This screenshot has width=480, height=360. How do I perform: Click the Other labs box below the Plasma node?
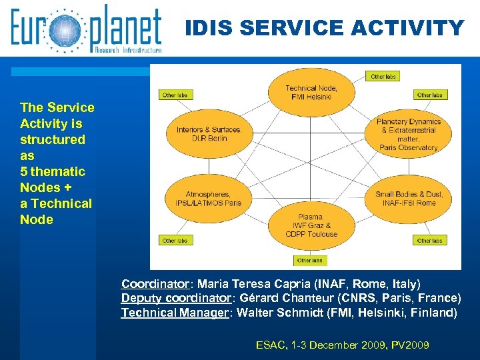(x=309, y=260)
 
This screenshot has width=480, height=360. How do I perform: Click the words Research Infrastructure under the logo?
(x=128, y=49)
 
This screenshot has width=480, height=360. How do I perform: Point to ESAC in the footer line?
(x=269, y=345)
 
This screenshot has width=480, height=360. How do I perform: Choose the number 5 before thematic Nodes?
(x=24, y=171)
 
